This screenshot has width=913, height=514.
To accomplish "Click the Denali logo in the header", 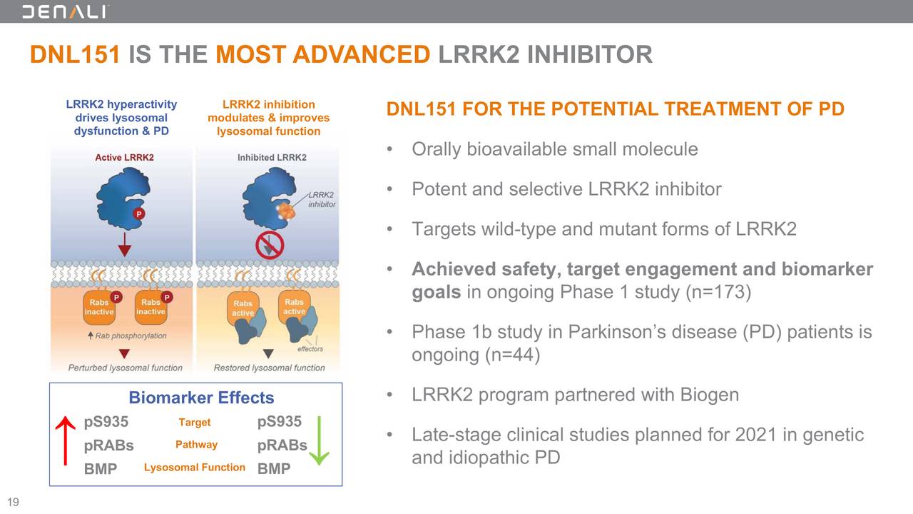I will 65,11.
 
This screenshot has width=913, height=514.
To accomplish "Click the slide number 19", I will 13,502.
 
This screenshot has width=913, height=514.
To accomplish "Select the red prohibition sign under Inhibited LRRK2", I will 270,245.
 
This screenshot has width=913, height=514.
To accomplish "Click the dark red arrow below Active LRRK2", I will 125,243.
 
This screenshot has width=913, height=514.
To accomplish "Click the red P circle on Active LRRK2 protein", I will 140,213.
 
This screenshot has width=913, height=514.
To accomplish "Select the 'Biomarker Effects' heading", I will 200,398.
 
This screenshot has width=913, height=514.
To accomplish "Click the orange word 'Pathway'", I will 196,445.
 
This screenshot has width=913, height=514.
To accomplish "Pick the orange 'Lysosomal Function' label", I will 194,468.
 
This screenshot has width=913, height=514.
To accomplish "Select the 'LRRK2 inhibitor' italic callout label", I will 322,199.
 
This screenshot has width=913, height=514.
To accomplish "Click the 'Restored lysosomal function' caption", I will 269,368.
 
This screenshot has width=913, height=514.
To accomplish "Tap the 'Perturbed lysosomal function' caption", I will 125,368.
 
